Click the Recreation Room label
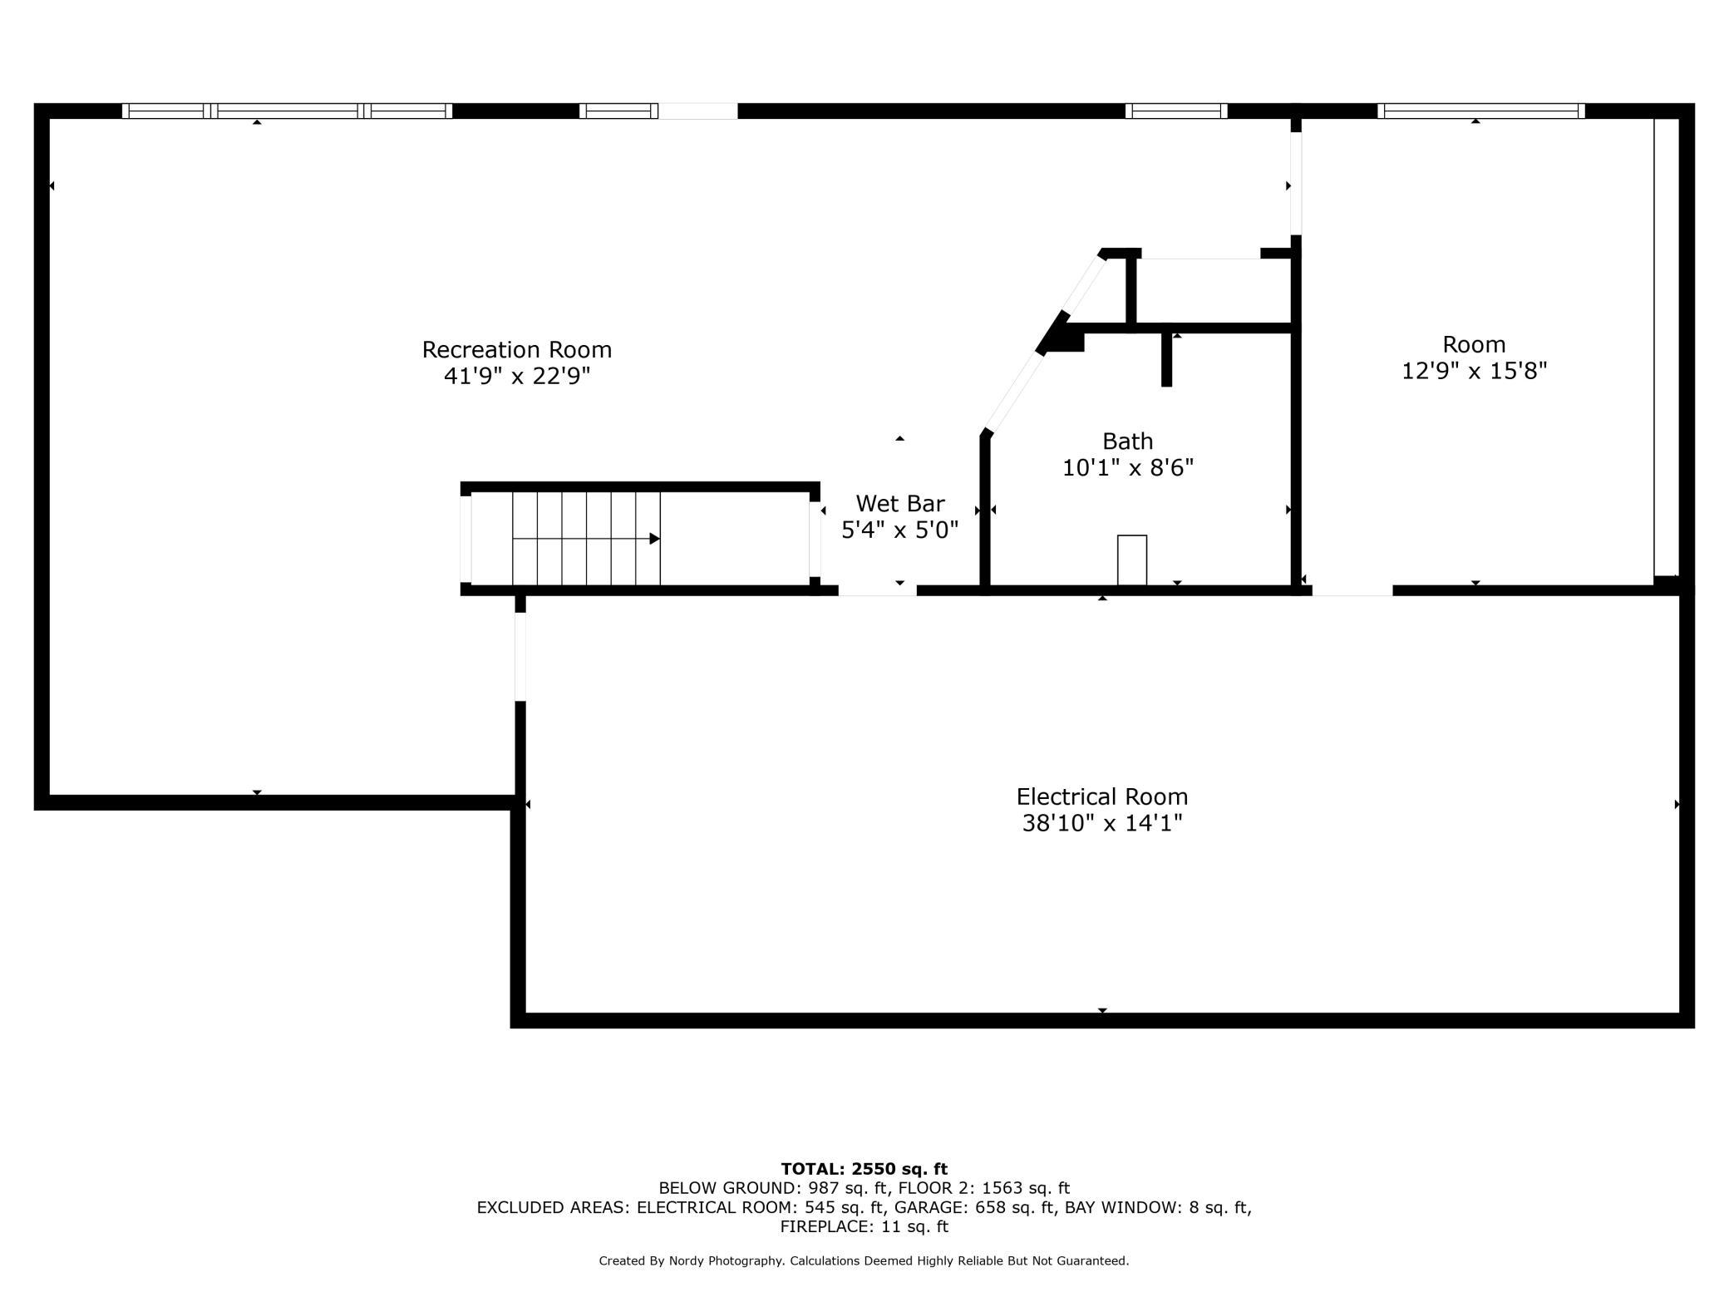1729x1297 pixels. tap(517, 350)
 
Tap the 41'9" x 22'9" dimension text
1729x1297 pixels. tap(517, 377)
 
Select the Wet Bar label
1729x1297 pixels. tap(900, 504)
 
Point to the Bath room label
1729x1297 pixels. tap(1128, 441)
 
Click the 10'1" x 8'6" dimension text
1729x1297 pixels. tap(1128, 468)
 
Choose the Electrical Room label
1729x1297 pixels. tap(1102, 796)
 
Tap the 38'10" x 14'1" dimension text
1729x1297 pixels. tap(1102, 823)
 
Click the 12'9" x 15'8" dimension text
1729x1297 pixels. tap(1475, 371)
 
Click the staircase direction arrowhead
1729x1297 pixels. tap(654, 539)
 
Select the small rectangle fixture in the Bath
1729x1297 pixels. tap(1132, 560)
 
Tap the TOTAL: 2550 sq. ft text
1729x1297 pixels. tap(864, 1169)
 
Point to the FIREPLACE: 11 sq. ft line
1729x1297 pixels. tap(864, 1226)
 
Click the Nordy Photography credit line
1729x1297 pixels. tap(864, 1261)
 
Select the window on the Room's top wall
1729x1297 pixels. tap(1481, 111)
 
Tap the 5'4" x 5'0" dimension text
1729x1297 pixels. tap(900, 530)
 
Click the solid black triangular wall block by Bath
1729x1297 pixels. tap(1061, 336)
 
